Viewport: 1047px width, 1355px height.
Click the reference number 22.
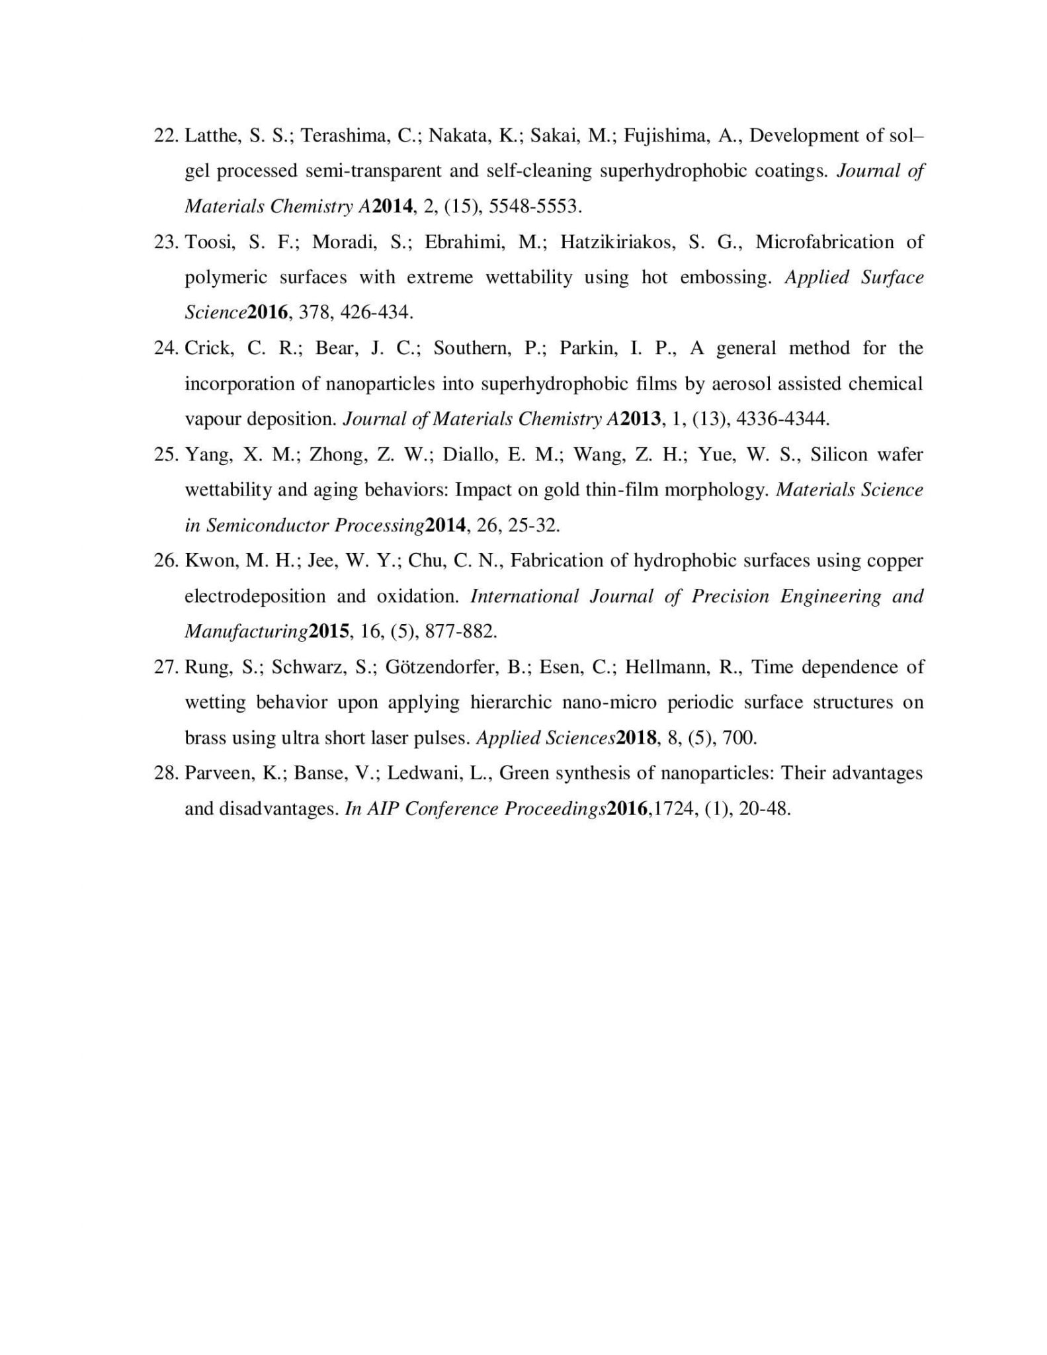165,136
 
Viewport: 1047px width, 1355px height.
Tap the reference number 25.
165,455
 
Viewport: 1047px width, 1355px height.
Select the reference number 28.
165,773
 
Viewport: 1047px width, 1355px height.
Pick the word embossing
726,277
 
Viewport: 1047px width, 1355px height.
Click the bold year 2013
640,419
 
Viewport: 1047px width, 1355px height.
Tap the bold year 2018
636,738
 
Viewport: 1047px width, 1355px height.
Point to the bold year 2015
329,631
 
